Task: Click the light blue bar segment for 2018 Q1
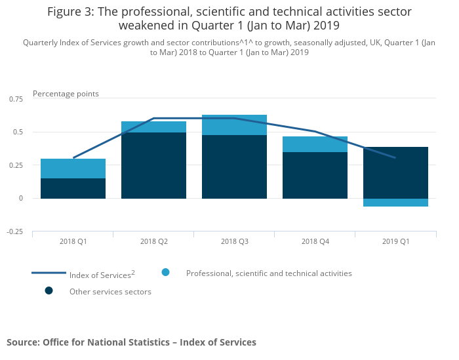pyautogui.click(x=73, y=169)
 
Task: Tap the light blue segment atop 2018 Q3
pyautogui.click(x=234, y=125)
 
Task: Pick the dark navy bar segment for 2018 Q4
pyautogui.click(x=315, y=175)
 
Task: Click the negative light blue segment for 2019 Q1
pyautogui.click(x=395, y=203)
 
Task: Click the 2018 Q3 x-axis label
pyautogui.click(x=234, y=241)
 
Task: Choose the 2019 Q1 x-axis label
pyautogui.click(x=395, y=241)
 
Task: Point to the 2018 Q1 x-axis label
pyautogui.click(x=73, y=241)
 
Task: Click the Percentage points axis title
pyautogui.click(x=66, y=94)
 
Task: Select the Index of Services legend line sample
pyautogui.click(x=49, y=273)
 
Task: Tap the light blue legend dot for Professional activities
pyautogui.click(x=165, y=272)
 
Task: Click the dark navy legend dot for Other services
pyautogui.click(x=49, y=290)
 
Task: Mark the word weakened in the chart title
pyautogui.click(x=148, y=26)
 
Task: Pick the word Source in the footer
pyautogui.click(x=22, y=342)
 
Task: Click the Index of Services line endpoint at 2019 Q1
pyautogui.click(x=395, y=158)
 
